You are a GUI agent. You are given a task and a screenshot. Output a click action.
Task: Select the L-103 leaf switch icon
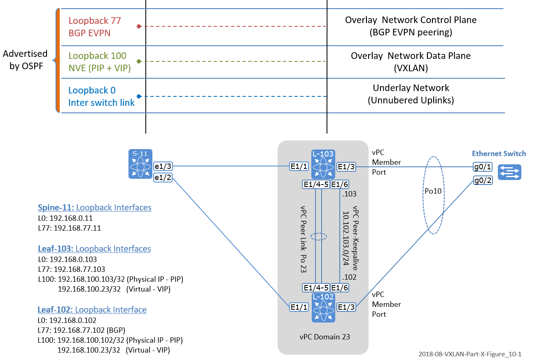click(x=323, y=164)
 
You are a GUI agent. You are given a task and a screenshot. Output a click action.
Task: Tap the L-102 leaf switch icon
click(x=323, y=307)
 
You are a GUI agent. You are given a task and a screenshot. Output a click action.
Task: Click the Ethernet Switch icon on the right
click(x=509, y=172)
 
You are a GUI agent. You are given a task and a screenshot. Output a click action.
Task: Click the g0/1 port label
click(x=483, y=168)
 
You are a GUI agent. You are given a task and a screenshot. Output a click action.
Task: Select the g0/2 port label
click(x=483, y=180)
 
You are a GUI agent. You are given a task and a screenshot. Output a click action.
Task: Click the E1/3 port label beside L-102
click(x=345, y=307)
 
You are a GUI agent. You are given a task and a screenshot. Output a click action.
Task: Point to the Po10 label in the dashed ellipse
click(x=434, y=192)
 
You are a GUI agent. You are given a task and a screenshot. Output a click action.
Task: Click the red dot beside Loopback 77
click(x=139, y=26)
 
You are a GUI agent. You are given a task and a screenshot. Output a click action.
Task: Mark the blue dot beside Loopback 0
click(x=139, y=96)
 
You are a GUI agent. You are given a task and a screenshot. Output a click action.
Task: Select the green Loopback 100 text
click(x=98, y=56)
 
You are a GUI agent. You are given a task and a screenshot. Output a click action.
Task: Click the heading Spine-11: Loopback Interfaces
click(x=94, y=208)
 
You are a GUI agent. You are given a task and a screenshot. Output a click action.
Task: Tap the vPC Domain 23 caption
click(x=325, y=337)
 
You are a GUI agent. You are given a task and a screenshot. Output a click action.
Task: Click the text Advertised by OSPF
click(x=25, y=60)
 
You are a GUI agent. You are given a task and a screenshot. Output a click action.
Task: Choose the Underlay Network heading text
click(x=411, y=88)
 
